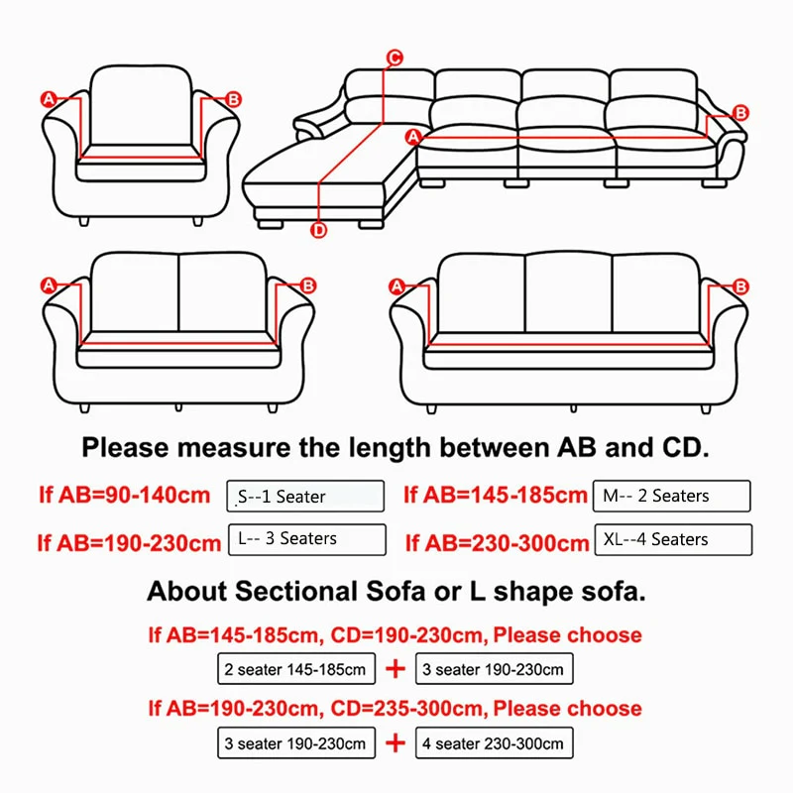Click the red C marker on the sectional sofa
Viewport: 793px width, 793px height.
coord(394,57)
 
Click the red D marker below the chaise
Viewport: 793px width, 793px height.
coord(319,231)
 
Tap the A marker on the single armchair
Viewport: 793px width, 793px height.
coord(48,98)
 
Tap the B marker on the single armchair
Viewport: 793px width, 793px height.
coord(234,98)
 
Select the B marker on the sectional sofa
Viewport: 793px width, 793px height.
coord(739,113)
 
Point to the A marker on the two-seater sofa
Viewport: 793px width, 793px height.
coord(48,285)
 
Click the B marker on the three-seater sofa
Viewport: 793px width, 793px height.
coord(739,286)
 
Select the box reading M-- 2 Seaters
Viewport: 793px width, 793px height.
coord(671,495)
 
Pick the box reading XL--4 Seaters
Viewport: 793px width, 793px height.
coord(671,539)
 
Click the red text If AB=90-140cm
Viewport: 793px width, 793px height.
coord(125,495)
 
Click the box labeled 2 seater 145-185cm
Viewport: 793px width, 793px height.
coord(296,669)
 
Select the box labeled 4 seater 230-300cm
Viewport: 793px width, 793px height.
coord(494,742)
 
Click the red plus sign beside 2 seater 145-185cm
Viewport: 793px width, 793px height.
coord(396,669)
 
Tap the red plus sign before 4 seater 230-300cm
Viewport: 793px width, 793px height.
coord(396,742)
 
